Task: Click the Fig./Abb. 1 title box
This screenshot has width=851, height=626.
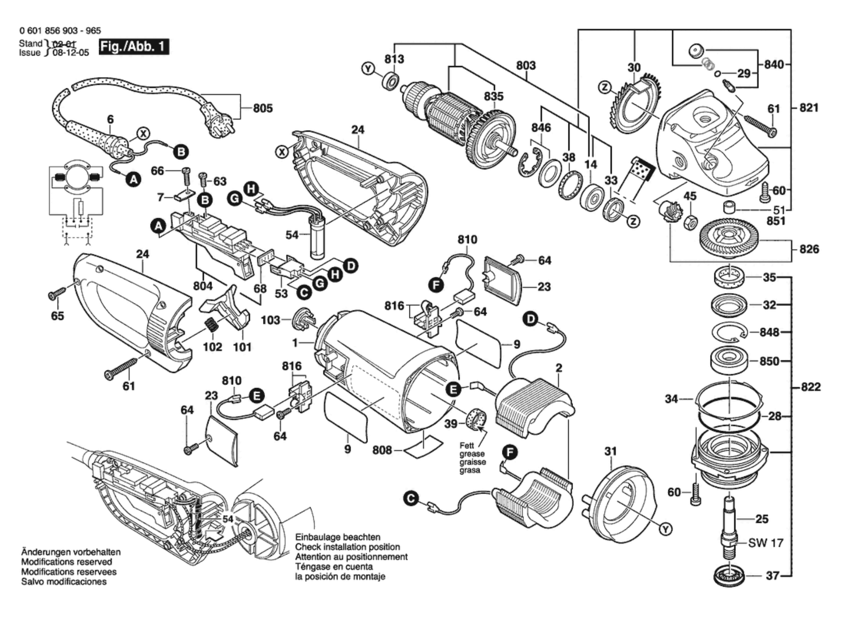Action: [134, 46]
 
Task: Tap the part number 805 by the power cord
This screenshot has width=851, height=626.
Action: [263, 108]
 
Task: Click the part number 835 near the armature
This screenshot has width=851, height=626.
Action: [493, 96]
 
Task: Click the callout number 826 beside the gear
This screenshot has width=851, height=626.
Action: [809, 249]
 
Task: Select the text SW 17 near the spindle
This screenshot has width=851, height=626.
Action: [765, 543]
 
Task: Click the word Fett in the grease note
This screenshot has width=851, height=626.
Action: [467, 445]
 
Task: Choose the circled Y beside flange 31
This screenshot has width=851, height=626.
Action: [666, 529]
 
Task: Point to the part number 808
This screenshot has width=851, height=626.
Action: [382, 450]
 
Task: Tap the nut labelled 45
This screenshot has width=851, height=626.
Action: [690, 222]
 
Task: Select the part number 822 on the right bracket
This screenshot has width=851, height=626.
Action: [810, 387]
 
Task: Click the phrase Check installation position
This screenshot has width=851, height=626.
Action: [347, 547]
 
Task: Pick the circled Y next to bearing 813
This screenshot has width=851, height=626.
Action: [368, 69]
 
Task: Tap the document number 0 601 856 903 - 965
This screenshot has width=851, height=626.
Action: [60, 31]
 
